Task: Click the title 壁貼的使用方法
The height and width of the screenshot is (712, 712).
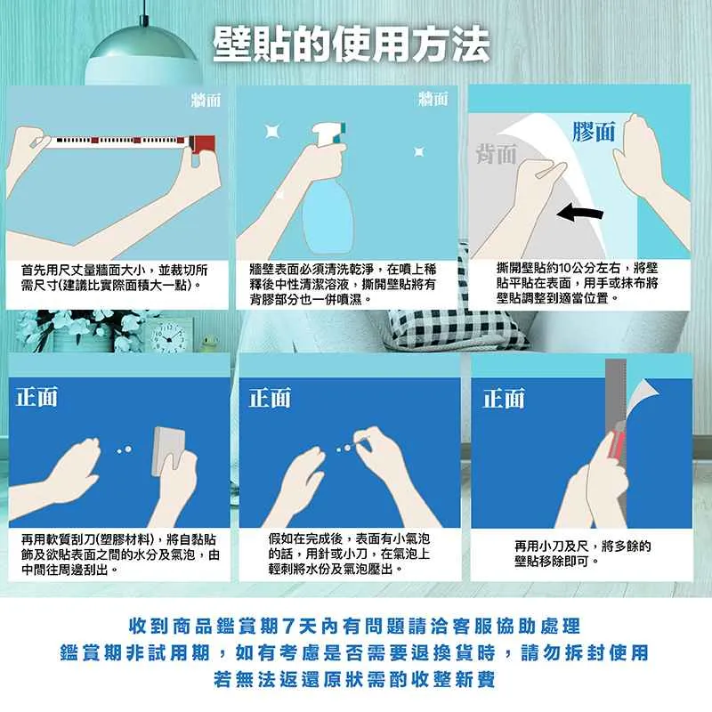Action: point(352,45)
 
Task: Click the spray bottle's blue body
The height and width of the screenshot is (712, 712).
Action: point(327,216)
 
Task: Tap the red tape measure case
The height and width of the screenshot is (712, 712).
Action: point(202,144)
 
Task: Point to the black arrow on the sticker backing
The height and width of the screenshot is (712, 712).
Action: point(580,212)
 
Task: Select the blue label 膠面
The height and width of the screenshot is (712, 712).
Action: point(594,132)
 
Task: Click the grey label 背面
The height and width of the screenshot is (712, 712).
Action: point(496,153)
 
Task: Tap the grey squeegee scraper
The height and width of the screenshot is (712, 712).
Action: point(169,451)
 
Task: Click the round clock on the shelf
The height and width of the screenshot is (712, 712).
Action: point(169,337)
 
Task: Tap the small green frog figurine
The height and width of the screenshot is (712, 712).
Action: point(209,344)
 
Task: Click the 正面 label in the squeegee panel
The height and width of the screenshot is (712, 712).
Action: point(37,397)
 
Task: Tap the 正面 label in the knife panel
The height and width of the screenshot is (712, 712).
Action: point(504,398)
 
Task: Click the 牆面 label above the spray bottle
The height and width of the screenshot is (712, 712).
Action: point(433,99)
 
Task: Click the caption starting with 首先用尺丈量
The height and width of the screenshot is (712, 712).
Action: point(115,278)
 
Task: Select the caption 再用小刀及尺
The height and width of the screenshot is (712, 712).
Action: point(582,554)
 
